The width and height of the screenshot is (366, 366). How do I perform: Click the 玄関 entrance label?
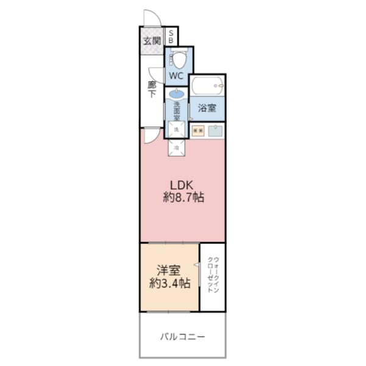coord(152,41)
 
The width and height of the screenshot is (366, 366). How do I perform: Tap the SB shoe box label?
coord(171,37)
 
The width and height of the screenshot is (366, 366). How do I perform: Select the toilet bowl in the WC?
coord(179,60)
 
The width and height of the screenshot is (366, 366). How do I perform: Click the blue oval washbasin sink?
coord(176,95)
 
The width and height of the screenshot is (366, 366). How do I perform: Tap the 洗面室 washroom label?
coord(176,110)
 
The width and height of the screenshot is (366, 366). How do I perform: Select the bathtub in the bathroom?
coord(207,86)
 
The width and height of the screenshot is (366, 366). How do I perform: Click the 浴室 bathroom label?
coord(207,109)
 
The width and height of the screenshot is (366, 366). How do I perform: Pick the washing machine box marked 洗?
coord(176,130)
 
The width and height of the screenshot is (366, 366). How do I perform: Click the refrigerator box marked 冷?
coord(176,147)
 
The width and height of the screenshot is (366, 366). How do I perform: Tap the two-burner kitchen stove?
coord(197,130)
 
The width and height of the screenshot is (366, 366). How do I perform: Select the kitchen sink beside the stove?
coord(215,130)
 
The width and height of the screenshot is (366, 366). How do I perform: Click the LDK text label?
coord(182,184)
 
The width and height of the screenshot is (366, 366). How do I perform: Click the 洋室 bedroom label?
coord(169,270)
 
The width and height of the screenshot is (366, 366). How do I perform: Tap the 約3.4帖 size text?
coord(169,283)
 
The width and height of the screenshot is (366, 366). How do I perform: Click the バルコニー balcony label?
coord(182,336)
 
